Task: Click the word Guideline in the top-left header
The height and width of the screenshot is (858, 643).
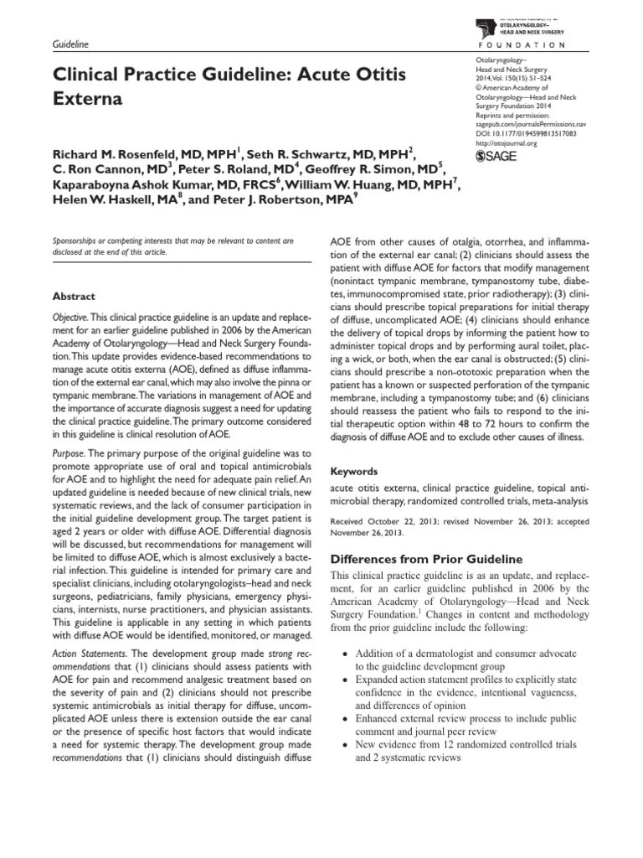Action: pos(71,43)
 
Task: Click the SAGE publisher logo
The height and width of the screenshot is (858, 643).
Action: pos(497,156)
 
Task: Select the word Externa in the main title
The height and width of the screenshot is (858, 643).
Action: pos(87,99)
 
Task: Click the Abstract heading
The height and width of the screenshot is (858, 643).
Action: pos(75,297)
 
